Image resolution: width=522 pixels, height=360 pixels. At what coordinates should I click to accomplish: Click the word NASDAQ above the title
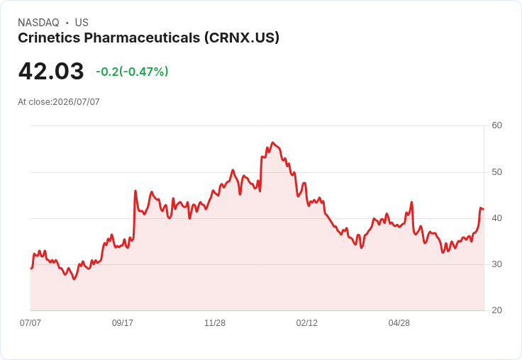[x=38, y=23]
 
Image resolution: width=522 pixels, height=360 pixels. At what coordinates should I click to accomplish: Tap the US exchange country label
[x=82, y=23]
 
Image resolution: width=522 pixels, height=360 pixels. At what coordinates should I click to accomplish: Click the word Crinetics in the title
[x=49, y=38]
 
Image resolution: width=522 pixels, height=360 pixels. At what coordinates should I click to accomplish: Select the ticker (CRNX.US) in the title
[x=242, y=38]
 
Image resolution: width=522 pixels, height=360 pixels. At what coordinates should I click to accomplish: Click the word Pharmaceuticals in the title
[x=142, y=38]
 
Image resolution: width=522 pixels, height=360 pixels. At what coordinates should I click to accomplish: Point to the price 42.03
[x=51, y=71]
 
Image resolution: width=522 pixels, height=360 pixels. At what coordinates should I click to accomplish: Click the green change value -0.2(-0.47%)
[x=132, y=72]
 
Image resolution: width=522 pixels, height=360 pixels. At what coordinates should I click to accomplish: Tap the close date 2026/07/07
[x=76, y=102]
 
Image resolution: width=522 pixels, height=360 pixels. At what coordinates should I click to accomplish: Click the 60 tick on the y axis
[x=496, y=125]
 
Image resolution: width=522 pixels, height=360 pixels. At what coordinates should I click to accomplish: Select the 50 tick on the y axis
[x=496, y=172]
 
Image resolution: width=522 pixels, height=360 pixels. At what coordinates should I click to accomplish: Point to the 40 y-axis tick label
[x=496, y=218]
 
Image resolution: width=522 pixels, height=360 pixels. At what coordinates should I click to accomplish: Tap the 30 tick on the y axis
[x=496, y=264]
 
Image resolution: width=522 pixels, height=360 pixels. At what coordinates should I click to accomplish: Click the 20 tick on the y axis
[x=496, y=310]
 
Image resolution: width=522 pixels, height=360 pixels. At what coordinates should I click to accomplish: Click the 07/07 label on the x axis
[x=30, y=322]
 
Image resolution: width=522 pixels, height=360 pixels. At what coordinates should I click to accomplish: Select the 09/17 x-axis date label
[x=123, y=322]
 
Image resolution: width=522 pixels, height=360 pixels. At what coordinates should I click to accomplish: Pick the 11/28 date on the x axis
[x=215, y=322]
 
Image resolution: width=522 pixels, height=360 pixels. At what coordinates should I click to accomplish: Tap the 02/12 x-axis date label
[x=307, y=322]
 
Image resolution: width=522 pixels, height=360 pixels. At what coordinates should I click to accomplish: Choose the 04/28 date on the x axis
[x=399, y=322]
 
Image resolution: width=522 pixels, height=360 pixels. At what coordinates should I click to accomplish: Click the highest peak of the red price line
[x=272, y=142]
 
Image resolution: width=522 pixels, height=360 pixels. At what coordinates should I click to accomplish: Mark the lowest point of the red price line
[x=74, y=279]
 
